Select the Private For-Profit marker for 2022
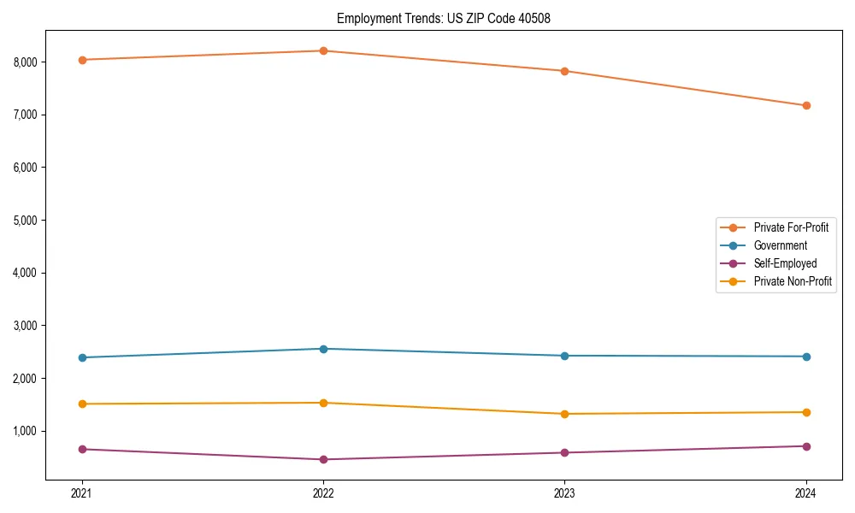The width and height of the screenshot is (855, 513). point(323,50)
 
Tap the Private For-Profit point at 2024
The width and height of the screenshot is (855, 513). point(806,105)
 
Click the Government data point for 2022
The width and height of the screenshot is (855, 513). point(323,349)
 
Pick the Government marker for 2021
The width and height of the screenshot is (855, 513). point(82,357)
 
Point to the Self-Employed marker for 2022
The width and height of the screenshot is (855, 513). point(323,459)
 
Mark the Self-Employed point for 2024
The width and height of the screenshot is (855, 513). point(806,446)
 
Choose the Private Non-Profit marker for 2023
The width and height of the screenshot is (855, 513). point(564,414)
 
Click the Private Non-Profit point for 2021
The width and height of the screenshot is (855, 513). point(82,404)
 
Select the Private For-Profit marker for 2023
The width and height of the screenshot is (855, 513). point(564,71)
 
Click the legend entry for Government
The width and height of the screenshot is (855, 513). point(780,245)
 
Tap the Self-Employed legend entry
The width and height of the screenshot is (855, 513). point(785,263)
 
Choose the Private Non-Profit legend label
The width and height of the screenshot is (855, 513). point(793,281)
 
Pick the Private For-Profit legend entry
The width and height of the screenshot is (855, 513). point(790,227)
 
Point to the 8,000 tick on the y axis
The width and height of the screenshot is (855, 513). point(26,62)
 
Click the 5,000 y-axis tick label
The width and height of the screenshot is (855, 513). point(26,220)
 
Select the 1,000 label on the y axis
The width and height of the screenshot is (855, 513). point(26,431)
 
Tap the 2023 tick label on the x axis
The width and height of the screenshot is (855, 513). point(564,493)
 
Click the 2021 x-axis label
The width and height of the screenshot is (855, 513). point(82,493)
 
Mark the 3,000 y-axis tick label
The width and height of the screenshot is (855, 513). point(26,326)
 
